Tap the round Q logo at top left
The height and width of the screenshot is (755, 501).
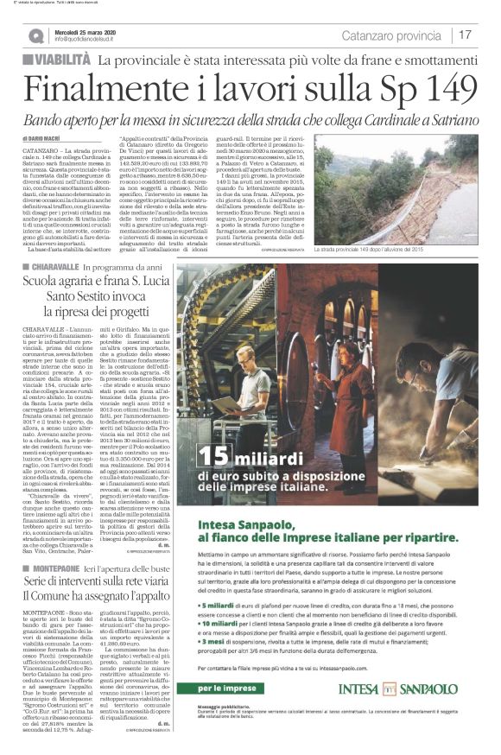point(35,35)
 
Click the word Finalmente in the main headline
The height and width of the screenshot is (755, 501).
point(112,91)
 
